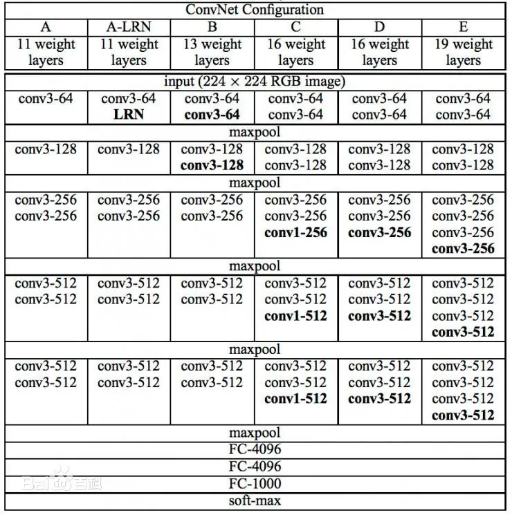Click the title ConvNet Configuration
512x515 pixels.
[x=255, y=10]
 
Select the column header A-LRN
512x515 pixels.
[x=129, y=27]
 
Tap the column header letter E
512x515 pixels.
[x=463, y=27]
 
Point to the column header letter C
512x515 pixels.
[x=295, y=27]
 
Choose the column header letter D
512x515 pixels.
[x=379, y=27]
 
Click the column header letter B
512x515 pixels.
[x=212, y=27]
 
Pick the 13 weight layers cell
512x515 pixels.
[x=212, y=52]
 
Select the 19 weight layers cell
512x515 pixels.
[x=463, y=52]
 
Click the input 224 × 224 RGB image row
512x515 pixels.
[x=255, y=81]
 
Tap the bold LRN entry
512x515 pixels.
[x=129, y=114]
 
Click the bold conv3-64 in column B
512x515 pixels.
[x=212, y=114]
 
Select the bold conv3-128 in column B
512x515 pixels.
[x=212, y=165]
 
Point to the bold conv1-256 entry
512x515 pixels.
[x=295, y=232]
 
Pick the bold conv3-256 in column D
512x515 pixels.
[x=379, y=232]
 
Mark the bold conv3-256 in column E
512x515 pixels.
[x=463, y=248]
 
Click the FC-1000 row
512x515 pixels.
[x=255, y=483]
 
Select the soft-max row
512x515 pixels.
[x=255, y=500]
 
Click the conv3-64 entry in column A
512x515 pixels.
[x=46, y=98]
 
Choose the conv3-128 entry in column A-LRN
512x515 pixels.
[x=129, y=149]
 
